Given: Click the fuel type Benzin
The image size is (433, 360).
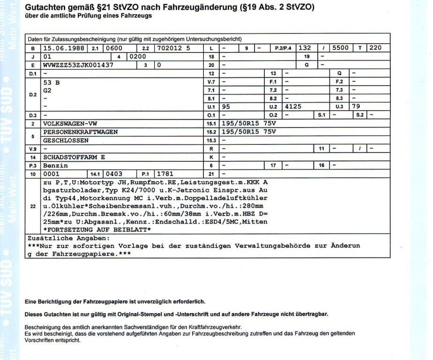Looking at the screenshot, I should [56, 165].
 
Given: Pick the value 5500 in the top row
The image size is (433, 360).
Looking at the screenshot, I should [342, 48].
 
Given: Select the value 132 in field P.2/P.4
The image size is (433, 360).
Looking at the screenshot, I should [305, 48].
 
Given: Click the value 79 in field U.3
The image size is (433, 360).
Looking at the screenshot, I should [358, 106].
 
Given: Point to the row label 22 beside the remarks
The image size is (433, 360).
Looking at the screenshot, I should [32, 206].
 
